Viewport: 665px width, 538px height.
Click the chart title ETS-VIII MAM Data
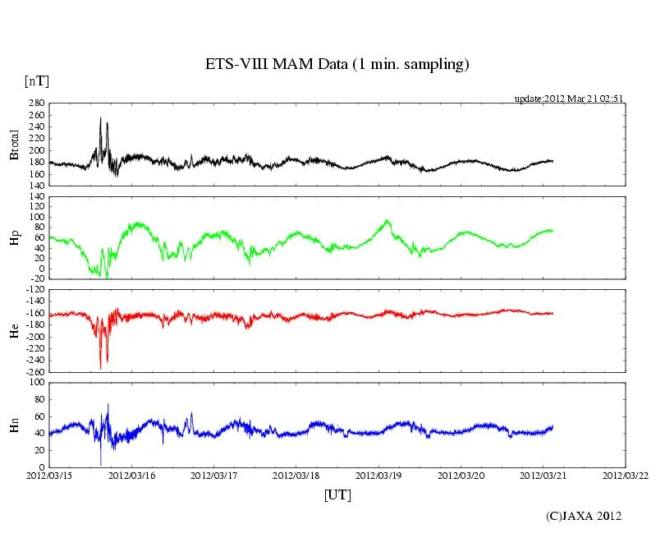pyautogui.click(x=337, y=65)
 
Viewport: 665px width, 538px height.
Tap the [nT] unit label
pyautogui.click(x=36, y=81)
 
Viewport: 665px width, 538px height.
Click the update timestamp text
pyautogui.click(x=569, y=99)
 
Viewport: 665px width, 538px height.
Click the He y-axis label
pyautogui.click(x=14, y=330)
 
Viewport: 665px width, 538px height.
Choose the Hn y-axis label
pyautogui.click(x=14, y=424)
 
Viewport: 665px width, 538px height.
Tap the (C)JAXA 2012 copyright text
pyautogui.click(x=584, y=516)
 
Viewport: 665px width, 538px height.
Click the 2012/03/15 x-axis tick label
pyautogui.click(x=49, y=476)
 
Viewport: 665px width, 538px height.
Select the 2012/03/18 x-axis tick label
pyautogui.click(x=296, y=476)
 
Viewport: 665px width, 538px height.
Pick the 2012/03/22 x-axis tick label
pyautogui.click(x=626, y=476)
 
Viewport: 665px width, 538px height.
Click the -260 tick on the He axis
pyautogui.click(x=34, y=372)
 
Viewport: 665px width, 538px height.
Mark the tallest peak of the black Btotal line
pyautogui.click(x=100, y=117)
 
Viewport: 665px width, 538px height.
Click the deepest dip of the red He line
pyautogui.click(x=100, y=369)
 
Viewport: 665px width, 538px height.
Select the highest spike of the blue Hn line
pyautogui.click(x=108, y=404)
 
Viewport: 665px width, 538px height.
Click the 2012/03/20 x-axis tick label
pyautogui.click(x=461, y=476)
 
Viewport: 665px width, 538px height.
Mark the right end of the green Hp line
pyautogui.click(x=553, y=230)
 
